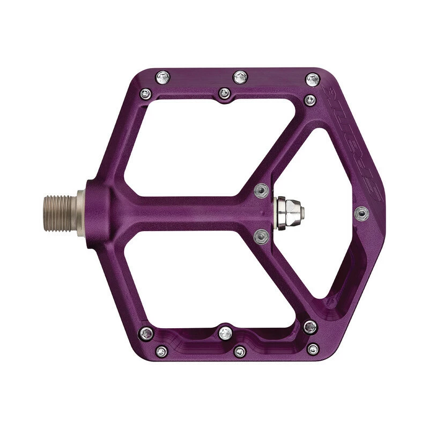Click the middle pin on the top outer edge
(x=240, y=77)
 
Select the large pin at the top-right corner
(x=313, y=79)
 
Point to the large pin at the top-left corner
(x=161, y=78)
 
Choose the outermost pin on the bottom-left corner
(x=161, y=351)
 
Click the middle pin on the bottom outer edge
(x=240, y=351)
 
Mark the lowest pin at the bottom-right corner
(x=313, y=349)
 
